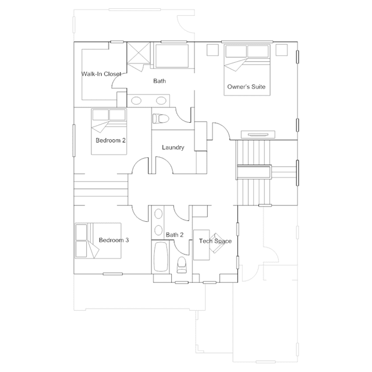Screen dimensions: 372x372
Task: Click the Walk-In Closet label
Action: pyautogui.click(x=101, y=74)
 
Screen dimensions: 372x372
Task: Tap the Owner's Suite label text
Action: pyautogui.click(x=246, y=87)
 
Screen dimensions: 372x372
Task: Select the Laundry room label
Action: pyautogui.click(x=173, y=147)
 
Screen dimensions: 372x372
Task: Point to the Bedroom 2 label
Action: pyautogui.click(x=111, y=140)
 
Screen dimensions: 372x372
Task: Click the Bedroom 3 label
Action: pyautogui.click(x=114, y=240)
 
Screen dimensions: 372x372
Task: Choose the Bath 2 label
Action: pyautogui.click(x=175, y=235)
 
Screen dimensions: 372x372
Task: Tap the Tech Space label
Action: pyautogui.click(x=215, y=241)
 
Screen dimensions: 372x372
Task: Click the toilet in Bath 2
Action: pyautogui.click(x=182, y=265)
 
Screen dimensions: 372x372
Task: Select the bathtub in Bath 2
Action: pyautogui.click(x=161, y=257)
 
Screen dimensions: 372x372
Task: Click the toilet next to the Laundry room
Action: pyautogui.click(x=161, y=118)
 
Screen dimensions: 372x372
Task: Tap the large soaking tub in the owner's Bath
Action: pyautogui.click(x=172, y=56)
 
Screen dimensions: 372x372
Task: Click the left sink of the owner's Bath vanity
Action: pyautogui.click(x=136, y=101)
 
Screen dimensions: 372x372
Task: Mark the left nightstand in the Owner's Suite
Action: pyautogui.click(x=212, y=50)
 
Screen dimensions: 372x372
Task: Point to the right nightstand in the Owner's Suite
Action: pyautogui.click(x=282, y=50)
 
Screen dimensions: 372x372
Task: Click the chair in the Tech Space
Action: pyautogui.click(x=217, y=243)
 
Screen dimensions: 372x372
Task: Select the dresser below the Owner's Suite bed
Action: pyautogui.click(x=258, y=134)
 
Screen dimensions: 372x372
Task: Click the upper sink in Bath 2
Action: pyautogui.click(x=158, y=214)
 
